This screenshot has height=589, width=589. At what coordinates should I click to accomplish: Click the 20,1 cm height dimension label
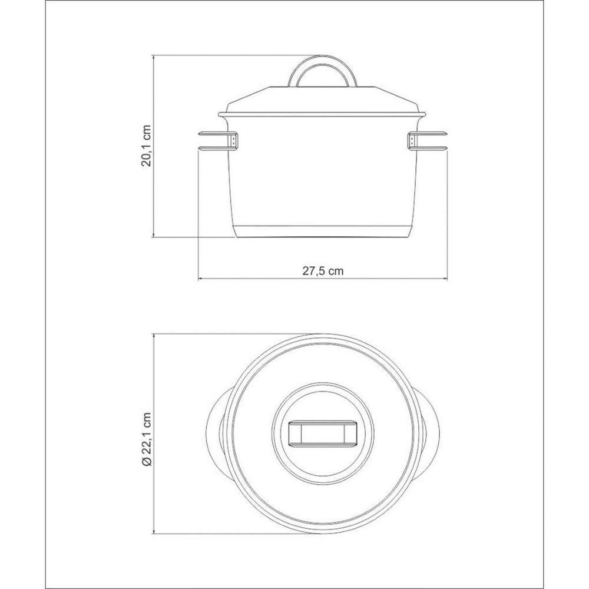[145, 146]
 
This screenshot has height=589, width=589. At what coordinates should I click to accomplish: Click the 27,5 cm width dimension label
[323, 271]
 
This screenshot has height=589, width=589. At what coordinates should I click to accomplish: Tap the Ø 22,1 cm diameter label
[146, 439]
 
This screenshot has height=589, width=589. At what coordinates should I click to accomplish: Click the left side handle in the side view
[217, 141]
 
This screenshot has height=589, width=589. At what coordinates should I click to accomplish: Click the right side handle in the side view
[428, 141]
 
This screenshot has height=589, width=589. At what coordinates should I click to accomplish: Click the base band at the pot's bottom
[323, 231]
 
